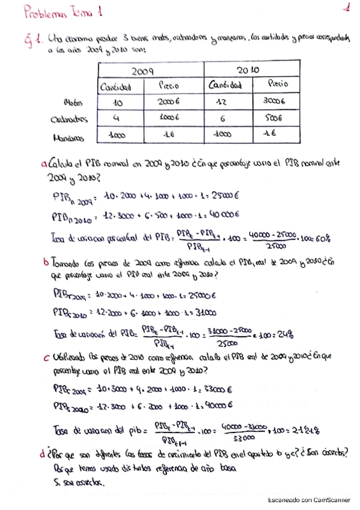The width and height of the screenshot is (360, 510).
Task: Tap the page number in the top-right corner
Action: click(x=347, y=8)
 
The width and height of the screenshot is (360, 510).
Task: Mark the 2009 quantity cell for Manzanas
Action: click(x=117, y=136)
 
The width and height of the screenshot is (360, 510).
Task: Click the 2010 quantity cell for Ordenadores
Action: click(x=224, y=118)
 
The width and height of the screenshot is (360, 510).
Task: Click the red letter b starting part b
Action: click(x=46, y=262)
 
